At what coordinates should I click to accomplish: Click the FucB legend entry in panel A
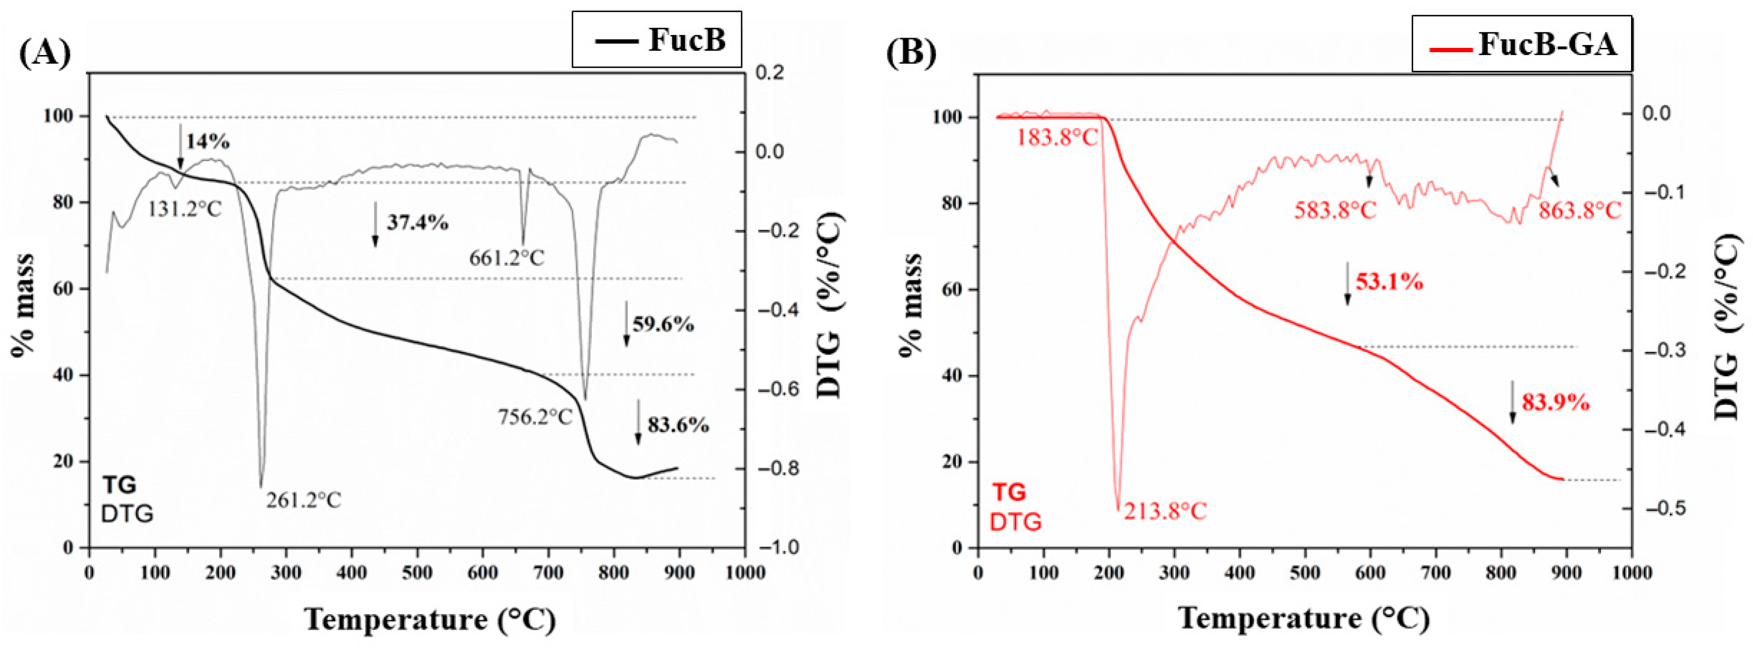coord(657,39)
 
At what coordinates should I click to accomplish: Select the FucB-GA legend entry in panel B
coord(1522,45)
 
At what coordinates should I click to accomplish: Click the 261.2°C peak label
coord(304,500)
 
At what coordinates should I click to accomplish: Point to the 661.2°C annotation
coord(506,257)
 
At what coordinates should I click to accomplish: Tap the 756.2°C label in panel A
coord(535,416)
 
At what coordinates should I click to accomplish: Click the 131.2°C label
coord(184,208)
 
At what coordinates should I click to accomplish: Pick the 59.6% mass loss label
coord(663,324)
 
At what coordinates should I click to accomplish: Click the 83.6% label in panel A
coord(677,426)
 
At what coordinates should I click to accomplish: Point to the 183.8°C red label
coord(1057,138)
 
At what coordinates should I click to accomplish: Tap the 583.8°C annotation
coord(1334,209)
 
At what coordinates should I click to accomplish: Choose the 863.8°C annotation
coord(1579,209)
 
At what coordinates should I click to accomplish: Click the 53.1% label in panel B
coord(1389,281)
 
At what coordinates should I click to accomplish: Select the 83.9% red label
coord(1555,403)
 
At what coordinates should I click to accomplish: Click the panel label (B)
coord(911,53)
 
